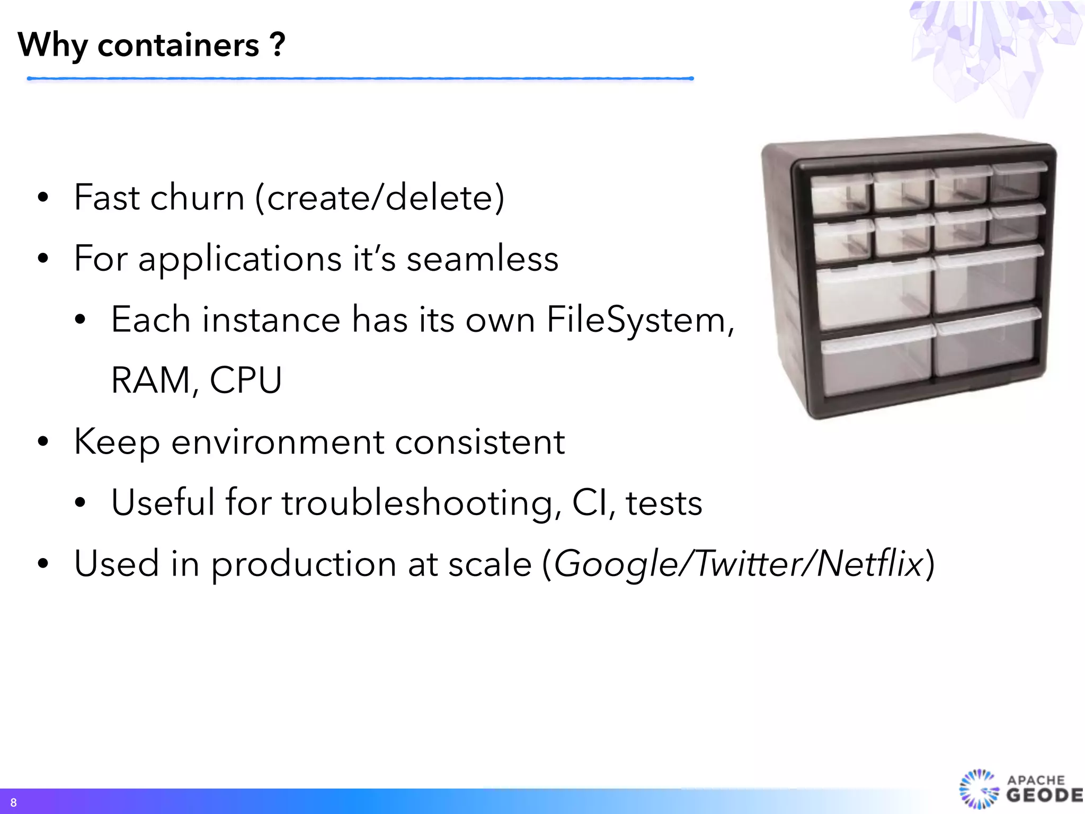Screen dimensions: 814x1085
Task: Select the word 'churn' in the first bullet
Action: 197,197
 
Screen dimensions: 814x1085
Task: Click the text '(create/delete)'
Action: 380,197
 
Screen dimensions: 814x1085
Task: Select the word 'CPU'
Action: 246,380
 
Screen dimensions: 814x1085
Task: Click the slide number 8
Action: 13,802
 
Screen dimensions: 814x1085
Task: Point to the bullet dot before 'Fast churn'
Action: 43,198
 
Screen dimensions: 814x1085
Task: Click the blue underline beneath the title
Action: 360,78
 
